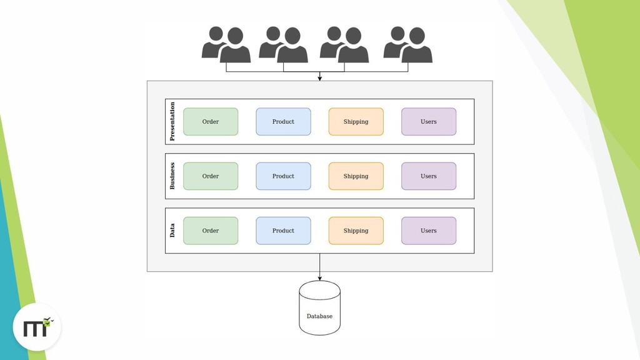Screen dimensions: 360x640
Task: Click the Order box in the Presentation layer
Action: [x=211, y=122]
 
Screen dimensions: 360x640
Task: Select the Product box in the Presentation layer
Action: [x=283, y=122]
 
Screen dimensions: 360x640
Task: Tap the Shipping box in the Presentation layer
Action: [x=356, y=122]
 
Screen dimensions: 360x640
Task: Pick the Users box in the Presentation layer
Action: [x=429, y=122]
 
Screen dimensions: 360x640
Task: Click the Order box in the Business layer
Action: [x=211, y=176]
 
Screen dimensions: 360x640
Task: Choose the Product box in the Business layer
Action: [x=283, y=176]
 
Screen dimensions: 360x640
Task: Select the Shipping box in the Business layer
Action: [x=356, y=176]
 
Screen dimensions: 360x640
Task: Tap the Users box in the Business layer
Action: [x=429, y=176]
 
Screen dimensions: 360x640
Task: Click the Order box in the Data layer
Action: [x=211, y=231]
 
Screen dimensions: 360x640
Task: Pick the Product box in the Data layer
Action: [x=283, y=231]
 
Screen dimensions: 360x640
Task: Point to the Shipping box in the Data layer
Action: [x=356, y=231]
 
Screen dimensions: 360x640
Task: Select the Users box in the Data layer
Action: [x=429, y=231]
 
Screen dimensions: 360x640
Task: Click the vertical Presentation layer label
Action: [x=172, y=121]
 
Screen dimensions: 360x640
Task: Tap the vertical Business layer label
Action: [x=172, y=176]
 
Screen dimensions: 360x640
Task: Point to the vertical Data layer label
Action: [x=172, y=231]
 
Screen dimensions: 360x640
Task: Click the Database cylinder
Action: [x=319, y=309]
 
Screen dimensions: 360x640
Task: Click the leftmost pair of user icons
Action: [x=226, y=44]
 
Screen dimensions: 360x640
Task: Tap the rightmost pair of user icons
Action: [x=407, y=44]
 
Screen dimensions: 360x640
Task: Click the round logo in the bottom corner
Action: [x=37, y=327]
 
